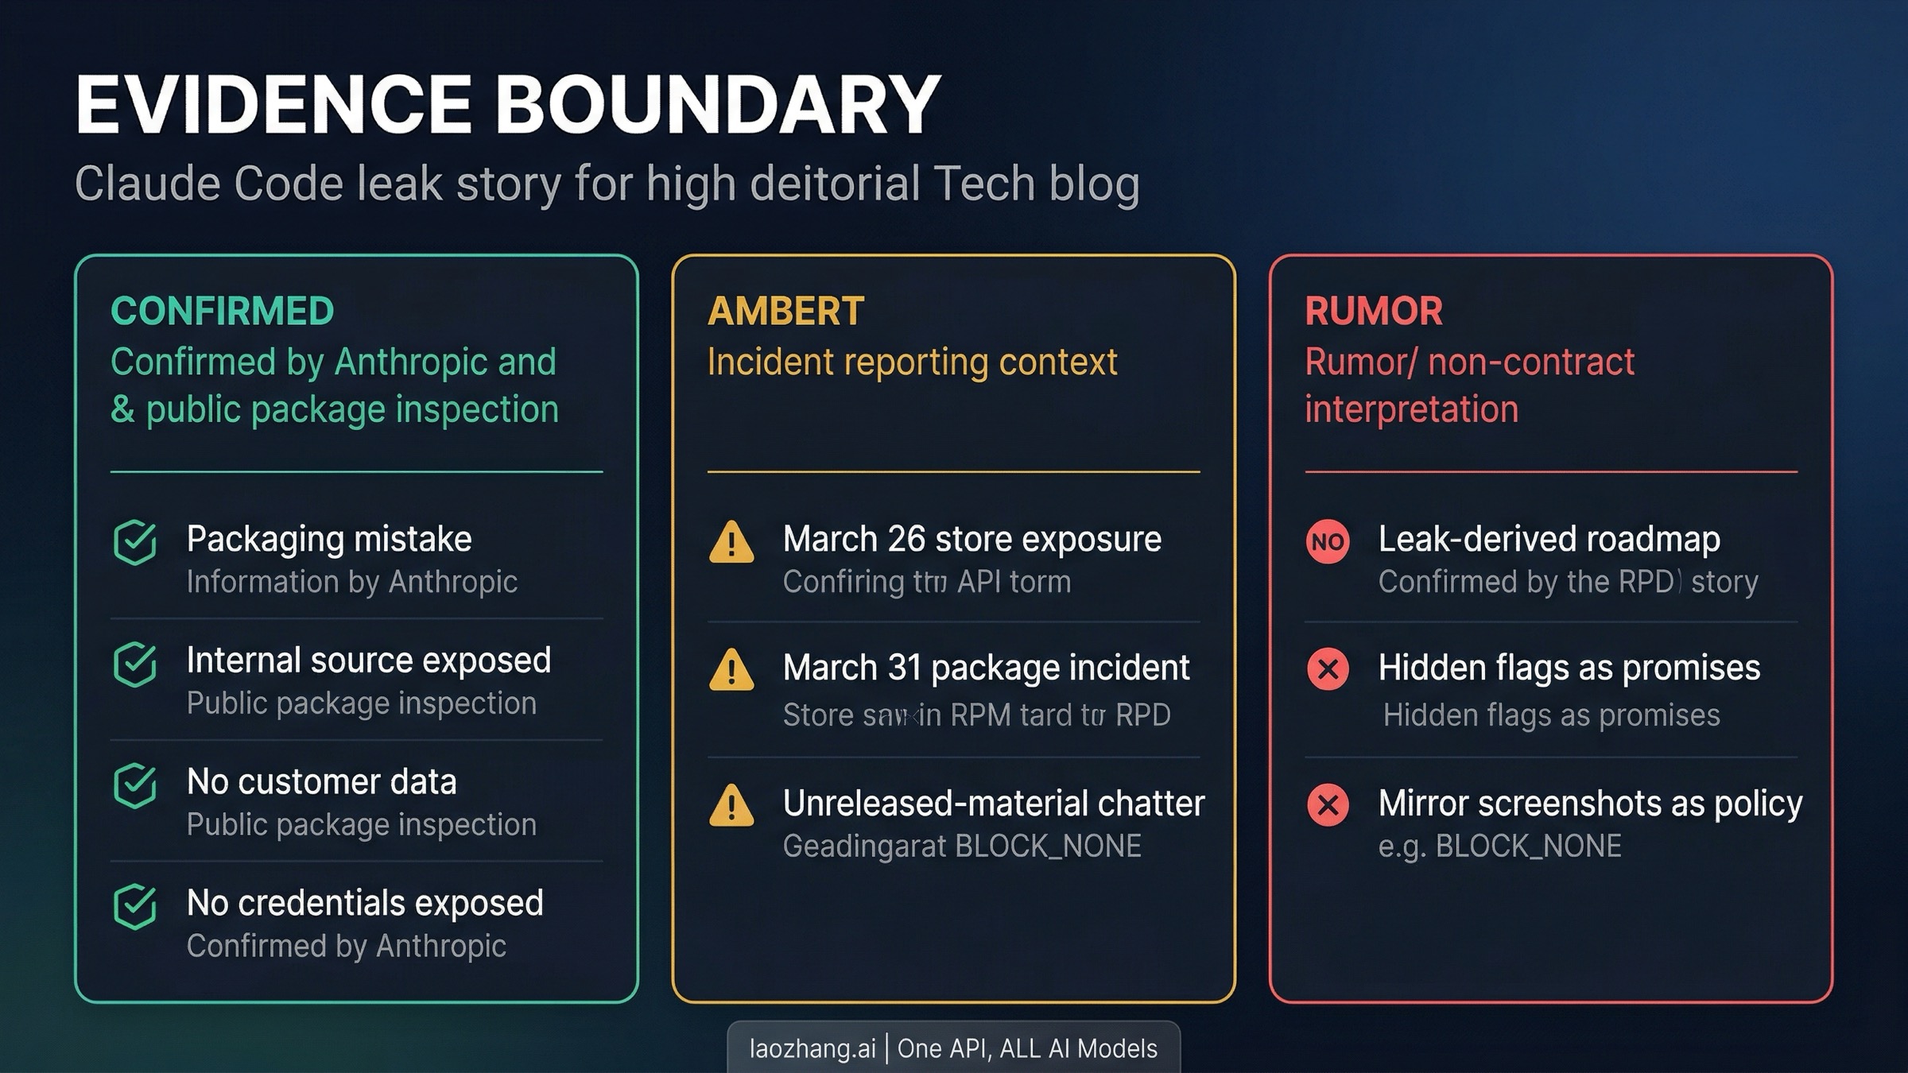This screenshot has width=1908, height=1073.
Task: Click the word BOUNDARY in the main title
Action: point(718,105)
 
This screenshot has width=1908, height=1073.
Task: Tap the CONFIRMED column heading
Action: point(222,311)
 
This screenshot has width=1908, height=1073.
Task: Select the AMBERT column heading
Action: point(785,311)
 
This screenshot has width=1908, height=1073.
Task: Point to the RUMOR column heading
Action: point(1373,311)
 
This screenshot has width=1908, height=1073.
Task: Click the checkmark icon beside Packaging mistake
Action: point(135,542)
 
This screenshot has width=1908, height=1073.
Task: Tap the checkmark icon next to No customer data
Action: point(135,785)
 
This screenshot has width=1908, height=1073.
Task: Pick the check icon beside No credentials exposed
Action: point(135,906)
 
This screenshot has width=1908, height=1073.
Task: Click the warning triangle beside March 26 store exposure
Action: point(731,543)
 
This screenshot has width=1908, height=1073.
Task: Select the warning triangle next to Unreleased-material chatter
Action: point(731,806)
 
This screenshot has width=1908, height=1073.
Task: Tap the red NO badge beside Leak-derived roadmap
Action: point(1328,542)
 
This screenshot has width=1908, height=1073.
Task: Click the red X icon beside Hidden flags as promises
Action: point(1328,669)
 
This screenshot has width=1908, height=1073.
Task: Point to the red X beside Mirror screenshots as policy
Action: point(1328,804)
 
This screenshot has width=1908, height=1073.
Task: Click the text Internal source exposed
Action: point(368,660)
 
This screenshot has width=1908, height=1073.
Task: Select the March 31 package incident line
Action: point(986,668)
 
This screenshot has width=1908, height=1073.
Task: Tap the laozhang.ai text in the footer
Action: point(812,1048)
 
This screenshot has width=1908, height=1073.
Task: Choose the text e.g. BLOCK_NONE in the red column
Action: point(1499,846)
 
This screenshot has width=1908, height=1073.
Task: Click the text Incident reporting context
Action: point(912,362)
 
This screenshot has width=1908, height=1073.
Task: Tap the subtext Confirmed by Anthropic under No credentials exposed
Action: point(346,946)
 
